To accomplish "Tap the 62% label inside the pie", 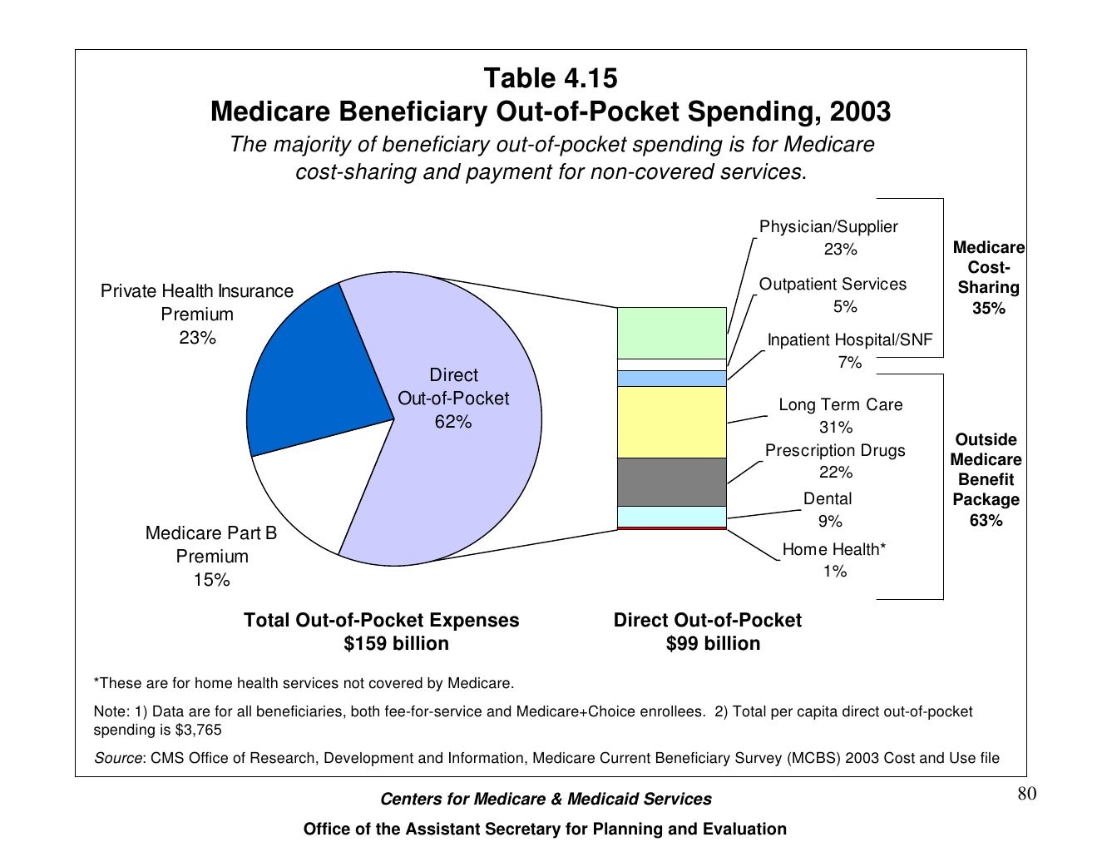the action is coord(453,422).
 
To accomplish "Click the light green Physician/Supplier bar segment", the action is coord(671,333).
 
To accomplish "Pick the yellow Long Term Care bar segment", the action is coord(671,422).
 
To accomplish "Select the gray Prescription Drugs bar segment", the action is coord(671,482).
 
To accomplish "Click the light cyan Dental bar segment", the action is coord(671,517).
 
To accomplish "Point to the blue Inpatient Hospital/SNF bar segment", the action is coord(671,379).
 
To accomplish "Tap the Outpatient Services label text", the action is coord(833,284).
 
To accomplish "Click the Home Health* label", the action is coord(833,549).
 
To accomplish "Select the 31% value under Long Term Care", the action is coord(836,427).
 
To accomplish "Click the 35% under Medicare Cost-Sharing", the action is coord(988,308).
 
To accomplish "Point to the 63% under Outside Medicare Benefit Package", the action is coord(986,520).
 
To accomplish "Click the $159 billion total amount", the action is coord(396,643).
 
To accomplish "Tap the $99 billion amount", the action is coord(713,643).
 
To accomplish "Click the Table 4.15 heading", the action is coord(551,78).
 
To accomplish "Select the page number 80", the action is coord(1027,794).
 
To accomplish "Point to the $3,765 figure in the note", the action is coord(198,730).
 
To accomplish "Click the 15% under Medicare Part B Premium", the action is coord(211,580).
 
